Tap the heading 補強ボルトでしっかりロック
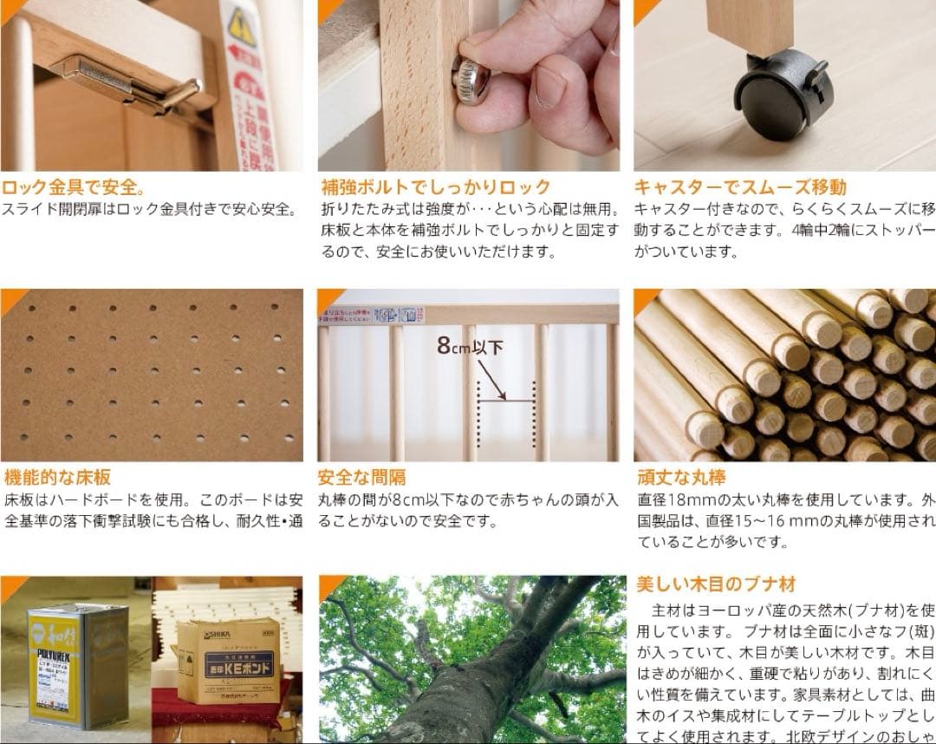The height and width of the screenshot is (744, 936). pyautogui.click(x=436, y=186)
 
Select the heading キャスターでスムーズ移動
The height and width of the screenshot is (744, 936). pyautogui.click(x=740, y=186)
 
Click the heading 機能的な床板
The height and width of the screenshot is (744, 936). pyautogui.click(x=57, y=477)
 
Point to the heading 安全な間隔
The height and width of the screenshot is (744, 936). pyautogui.click(x=361, y=477)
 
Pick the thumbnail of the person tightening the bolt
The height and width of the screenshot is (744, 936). pyautogui.click(x=468, y=85)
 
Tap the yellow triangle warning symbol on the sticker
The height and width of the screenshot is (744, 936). pyautogui.click(x=241, y=26)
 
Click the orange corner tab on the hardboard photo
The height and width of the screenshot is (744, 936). pyautogui.click(x=10, y=297)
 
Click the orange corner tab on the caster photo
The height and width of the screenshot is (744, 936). pyautogui.click(x=644, y=9)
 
